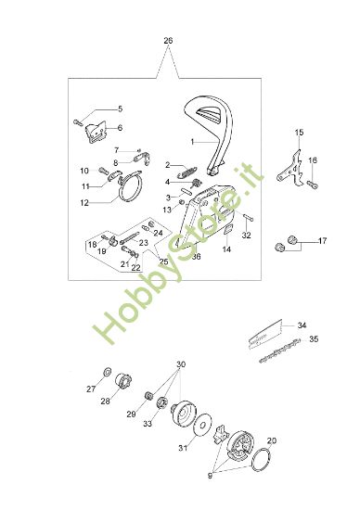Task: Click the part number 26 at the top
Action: coord(167,41)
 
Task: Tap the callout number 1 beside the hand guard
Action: coord(192,143)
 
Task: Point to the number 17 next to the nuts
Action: coord(322,241)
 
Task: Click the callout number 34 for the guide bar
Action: coord(302,325)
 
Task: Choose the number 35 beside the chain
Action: coord(314,340)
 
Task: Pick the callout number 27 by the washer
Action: coord(91,389)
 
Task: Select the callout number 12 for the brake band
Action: coord(84,201)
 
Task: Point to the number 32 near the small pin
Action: coord(246,236)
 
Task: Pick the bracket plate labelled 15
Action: coord(294,172)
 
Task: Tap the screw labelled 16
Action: coord(310,185)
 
